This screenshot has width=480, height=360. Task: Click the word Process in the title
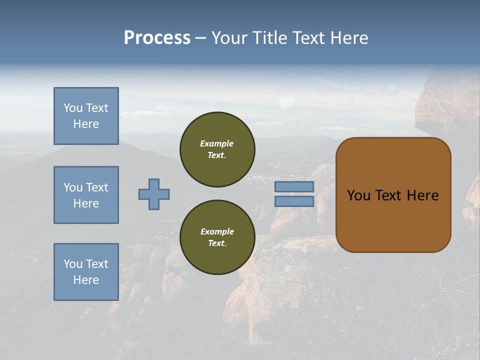pyautogui.click(x=157, y=38)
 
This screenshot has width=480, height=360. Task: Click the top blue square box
pyautogui.click(x=86, y=116)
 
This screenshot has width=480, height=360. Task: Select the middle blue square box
pyautogui.click(x=86, y=195)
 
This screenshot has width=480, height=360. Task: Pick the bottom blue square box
pyautogui.click(x=86, y=272)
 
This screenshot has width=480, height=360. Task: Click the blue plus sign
pyautogui.click(x=154, y=194)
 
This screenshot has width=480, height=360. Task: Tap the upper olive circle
pyautogui.click(x=217, y=149)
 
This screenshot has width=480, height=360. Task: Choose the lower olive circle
pyautogui.click(x=217, y=237)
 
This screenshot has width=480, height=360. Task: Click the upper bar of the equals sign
pyautogui.click(x=294, y=187)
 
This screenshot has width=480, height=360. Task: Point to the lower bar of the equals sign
pyautogui.click(x=294, y=201)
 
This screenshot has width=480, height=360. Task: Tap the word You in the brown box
pyautogui.click(x=358, y=195)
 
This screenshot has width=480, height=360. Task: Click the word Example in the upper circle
pyautogui.click(x=217, y=143)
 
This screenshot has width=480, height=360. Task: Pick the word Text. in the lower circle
pyautogui.click(x=217, y=243)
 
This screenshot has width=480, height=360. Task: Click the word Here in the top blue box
pyautogui.click(x=86, y=124)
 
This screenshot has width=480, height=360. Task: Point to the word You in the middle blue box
pyautogui.click(x=73, y=187)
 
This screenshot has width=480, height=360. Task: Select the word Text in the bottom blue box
pyautogui.click(x=97, y=264)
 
